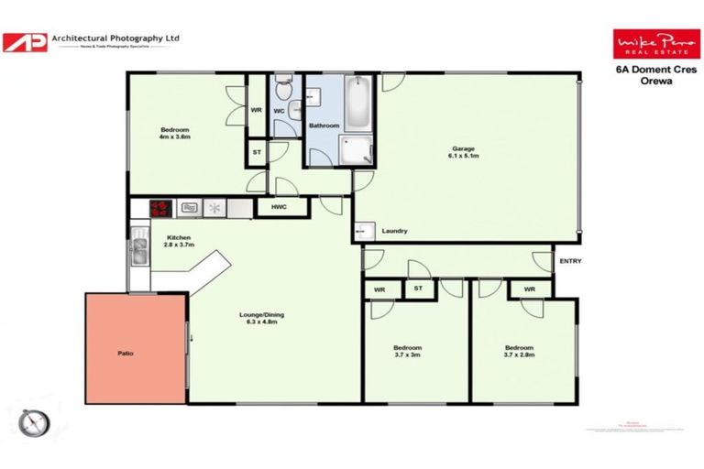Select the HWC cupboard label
click(x=278, y=208)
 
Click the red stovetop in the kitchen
click(x=161, y=208)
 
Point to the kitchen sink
click(x=138, y=250)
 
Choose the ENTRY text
click(x=569, y=261)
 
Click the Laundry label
click(x=394, y=231)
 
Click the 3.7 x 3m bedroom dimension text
click(x=407, y=356)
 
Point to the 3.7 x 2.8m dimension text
click(x=518, y=356)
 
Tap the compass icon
click(x=34, y=422)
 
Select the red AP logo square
click(x=25, y=42)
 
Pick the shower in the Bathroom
click(x=357, y=150)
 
